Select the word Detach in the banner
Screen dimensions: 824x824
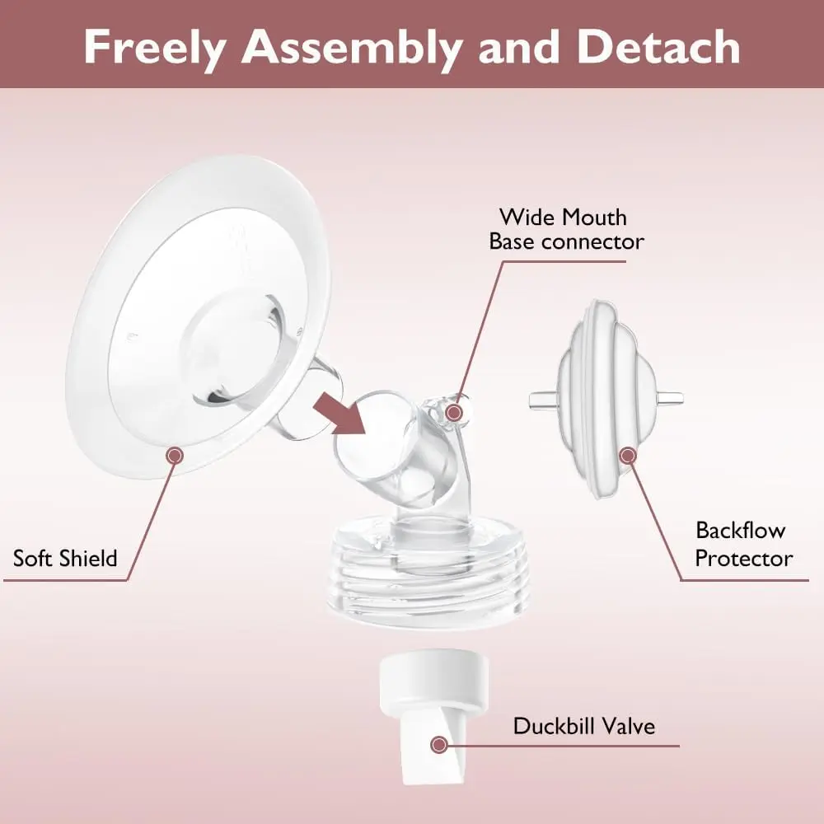(658, 47)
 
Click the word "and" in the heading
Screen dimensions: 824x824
(519, 47)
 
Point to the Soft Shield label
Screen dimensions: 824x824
(65, 558)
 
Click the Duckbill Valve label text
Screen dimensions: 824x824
(584, 726)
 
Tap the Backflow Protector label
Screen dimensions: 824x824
(743, 545)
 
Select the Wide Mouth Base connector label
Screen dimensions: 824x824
(565, 230)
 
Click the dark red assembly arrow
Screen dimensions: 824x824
(340, 414)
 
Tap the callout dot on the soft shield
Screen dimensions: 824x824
(175, 455)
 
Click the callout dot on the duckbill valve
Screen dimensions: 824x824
(439, 745)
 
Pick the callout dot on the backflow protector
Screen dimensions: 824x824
(627, 455)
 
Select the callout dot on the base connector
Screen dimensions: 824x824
(453, 413)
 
